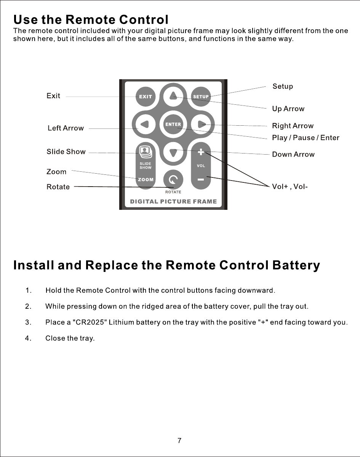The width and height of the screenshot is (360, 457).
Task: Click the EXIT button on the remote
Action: click(x=145, y=96)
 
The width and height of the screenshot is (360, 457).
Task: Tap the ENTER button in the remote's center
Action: click(x=173, y=125)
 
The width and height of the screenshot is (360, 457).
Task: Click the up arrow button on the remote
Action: click(x=173, y=95)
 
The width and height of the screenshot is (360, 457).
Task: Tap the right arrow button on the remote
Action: click(x=202, y=123)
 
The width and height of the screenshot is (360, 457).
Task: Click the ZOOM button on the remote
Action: click(x=146, y=179)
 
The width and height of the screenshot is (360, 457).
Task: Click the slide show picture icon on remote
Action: click(x=145, y=152)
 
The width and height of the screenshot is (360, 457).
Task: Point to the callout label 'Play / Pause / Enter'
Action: click(x=306, y=137)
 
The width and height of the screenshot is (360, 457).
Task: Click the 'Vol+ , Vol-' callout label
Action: click(x=290, y=187)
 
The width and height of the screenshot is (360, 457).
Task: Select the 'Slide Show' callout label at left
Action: click(x=66, y=152)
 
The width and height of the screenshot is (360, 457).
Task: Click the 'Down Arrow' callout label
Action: click(x=293, y=154)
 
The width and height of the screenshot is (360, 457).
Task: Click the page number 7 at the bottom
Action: click(x=179, y=441)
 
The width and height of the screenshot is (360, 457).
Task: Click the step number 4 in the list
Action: click(x=28, y=338)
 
